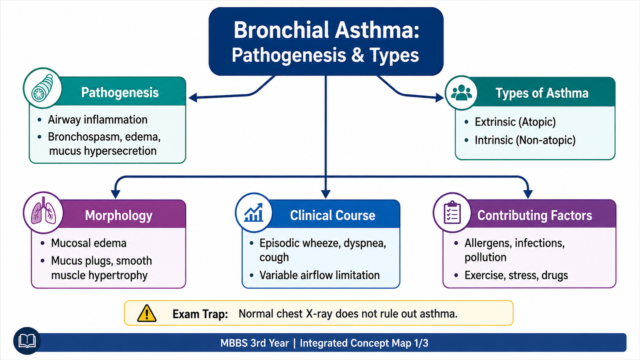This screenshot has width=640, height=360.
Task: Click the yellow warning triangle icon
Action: pos(146,314)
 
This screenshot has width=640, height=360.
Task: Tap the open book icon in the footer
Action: pos(27,341)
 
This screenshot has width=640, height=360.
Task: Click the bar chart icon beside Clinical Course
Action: pos(254,212)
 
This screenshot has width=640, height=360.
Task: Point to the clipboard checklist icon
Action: pos(452,212)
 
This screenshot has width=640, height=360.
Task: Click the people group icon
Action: pos(461,92)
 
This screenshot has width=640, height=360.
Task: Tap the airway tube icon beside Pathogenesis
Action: pos(42,88)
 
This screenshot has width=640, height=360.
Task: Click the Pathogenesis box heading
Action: pos(120,92)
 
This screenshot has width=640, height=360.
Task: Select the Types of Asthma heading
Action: pos(542,93)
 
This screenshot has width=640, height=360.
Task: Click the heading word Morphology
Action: pos(118,216)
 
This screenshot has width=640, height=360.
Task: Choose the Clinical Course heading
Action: pos(332,216)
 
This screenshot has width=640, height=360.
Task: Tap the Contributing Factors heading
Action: pos(534,216)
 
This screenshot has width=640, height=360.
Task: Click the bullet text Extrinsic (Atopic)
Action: pos(515,122)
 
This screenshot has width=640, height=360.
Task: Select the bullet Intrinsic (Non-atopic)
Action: pos(525,140)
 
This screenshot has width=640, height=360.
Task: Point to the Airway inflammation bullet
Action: pos(98,120)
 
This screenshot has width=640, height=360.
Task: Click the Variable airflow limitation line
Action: pos(320,275)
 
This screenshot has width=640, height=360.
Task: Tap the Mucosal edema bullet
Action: pos(88,243)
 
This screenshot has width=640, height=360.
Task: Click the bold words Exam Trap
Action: pos(200,314)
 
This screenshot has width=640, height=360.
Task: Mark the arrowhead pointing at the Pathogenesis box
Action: pos(193,98)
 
